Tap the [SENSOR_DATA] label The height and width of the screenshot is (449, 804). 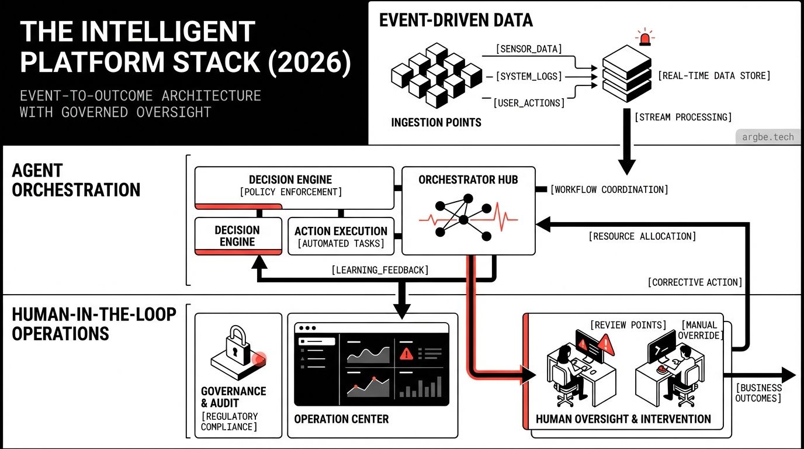pos(529,49)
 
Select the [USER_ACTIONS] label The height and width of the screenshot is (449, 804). pos(529,103)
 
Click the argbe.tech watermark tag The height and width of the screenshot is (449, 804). pos(768,137)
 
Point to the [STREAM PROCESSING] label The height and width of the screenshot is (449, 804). pos(682,118)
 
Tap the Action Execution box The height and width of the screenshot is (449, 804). pos(341,237)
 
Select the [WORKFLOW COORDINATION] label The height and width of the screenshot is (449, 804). pos(609,189)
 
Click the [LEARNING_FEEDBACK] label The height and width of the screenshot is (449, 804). pos(380,270)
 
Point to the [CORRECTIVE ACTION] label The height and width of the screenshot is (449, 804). pos(695,282)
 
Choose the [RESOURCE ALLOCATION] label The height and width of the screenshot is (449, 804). pos(642,236)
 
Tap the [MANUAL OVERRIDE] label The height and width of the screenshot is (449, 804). pos(701,330)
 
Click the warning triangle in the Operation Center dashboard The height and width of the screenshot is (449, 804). pos(406,353)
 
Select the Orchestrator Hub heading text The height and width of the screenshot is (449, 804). pos(468,179)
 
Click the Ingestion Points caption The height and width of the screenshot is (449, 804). pos(436,123)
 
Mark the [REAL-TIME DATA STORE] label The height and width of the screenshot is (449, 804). pos(714,75)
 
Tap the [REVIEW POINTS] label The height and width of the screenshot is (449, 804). pos(628,325)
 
